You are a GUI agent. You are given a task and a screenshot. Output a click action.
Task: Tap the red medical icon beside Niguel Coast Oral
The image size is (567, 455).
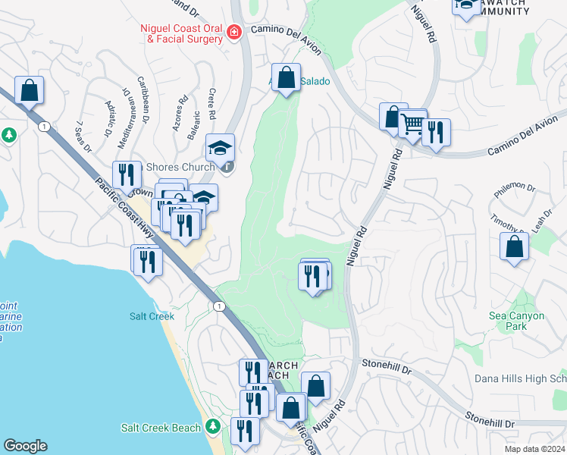(233, 32)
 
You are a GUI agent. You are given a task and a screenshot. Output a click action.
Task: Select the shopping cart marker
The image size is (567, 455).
(413, 124)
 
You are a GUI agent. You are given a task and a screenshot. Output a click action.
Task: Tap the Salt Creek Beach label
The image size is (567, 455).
(161, 428)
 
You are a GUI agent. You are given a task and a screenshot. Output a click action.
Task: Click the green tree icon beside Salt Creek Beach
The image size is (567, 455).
(215, 428)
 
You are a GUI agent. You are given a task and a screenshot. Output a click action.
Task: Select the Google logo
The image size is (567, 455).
(25, 446)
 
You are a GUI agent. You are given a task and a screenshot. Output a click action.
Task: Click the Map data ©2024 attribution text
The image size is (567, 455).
(535, 448)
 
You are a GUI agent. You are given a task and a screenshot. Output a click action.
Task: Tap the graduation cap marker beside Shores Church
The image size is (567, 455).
(221, 148)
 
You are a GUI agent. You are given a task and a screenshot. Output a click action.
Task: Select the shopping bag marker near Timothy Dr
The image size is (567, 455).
(515, 246)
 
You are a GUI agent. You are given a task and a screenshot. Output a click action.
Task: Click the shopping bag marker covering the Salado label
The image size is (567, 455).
(287, 77)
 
